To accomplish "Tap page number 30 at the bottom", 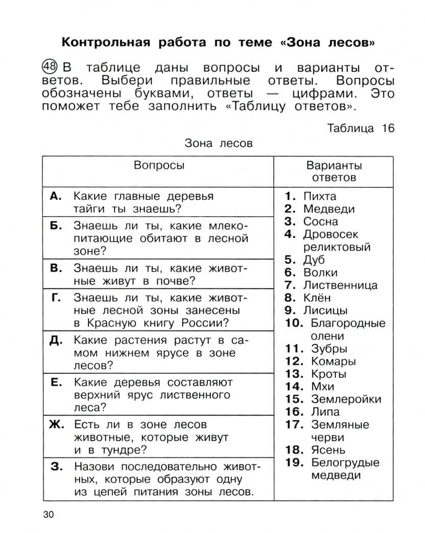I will coord(48,514).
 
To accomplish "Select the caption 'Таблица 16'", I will coord(361,128).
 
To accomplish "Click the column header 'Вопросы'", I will coord(159,165).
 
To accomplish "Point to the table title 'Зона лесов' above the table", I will coord(219,143).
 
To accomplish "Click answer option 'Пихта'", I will coord(320,196).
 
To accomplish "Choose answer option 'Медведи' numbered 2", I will coord(328,209).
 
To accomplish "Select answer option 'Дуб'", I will coord(314,260).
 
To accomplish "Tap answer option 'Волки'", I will coord(320,272).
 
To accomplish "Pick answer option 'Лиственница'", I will coord(340,285).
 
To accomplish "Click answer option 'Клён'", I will coord(317,298).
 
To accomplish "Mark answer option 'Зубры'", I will coord(329,349).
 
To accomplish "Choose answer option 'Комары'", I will coord(333,362).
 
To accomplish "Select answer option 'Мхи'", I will coord(322,387).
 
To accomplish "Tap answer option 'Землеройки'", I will coord(346,399).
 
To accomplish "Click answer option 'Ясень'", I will coord(328,450).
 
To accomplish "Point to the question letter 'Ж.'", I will coord(56,424).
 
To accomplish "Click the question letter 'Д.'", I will coord(56,340).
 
